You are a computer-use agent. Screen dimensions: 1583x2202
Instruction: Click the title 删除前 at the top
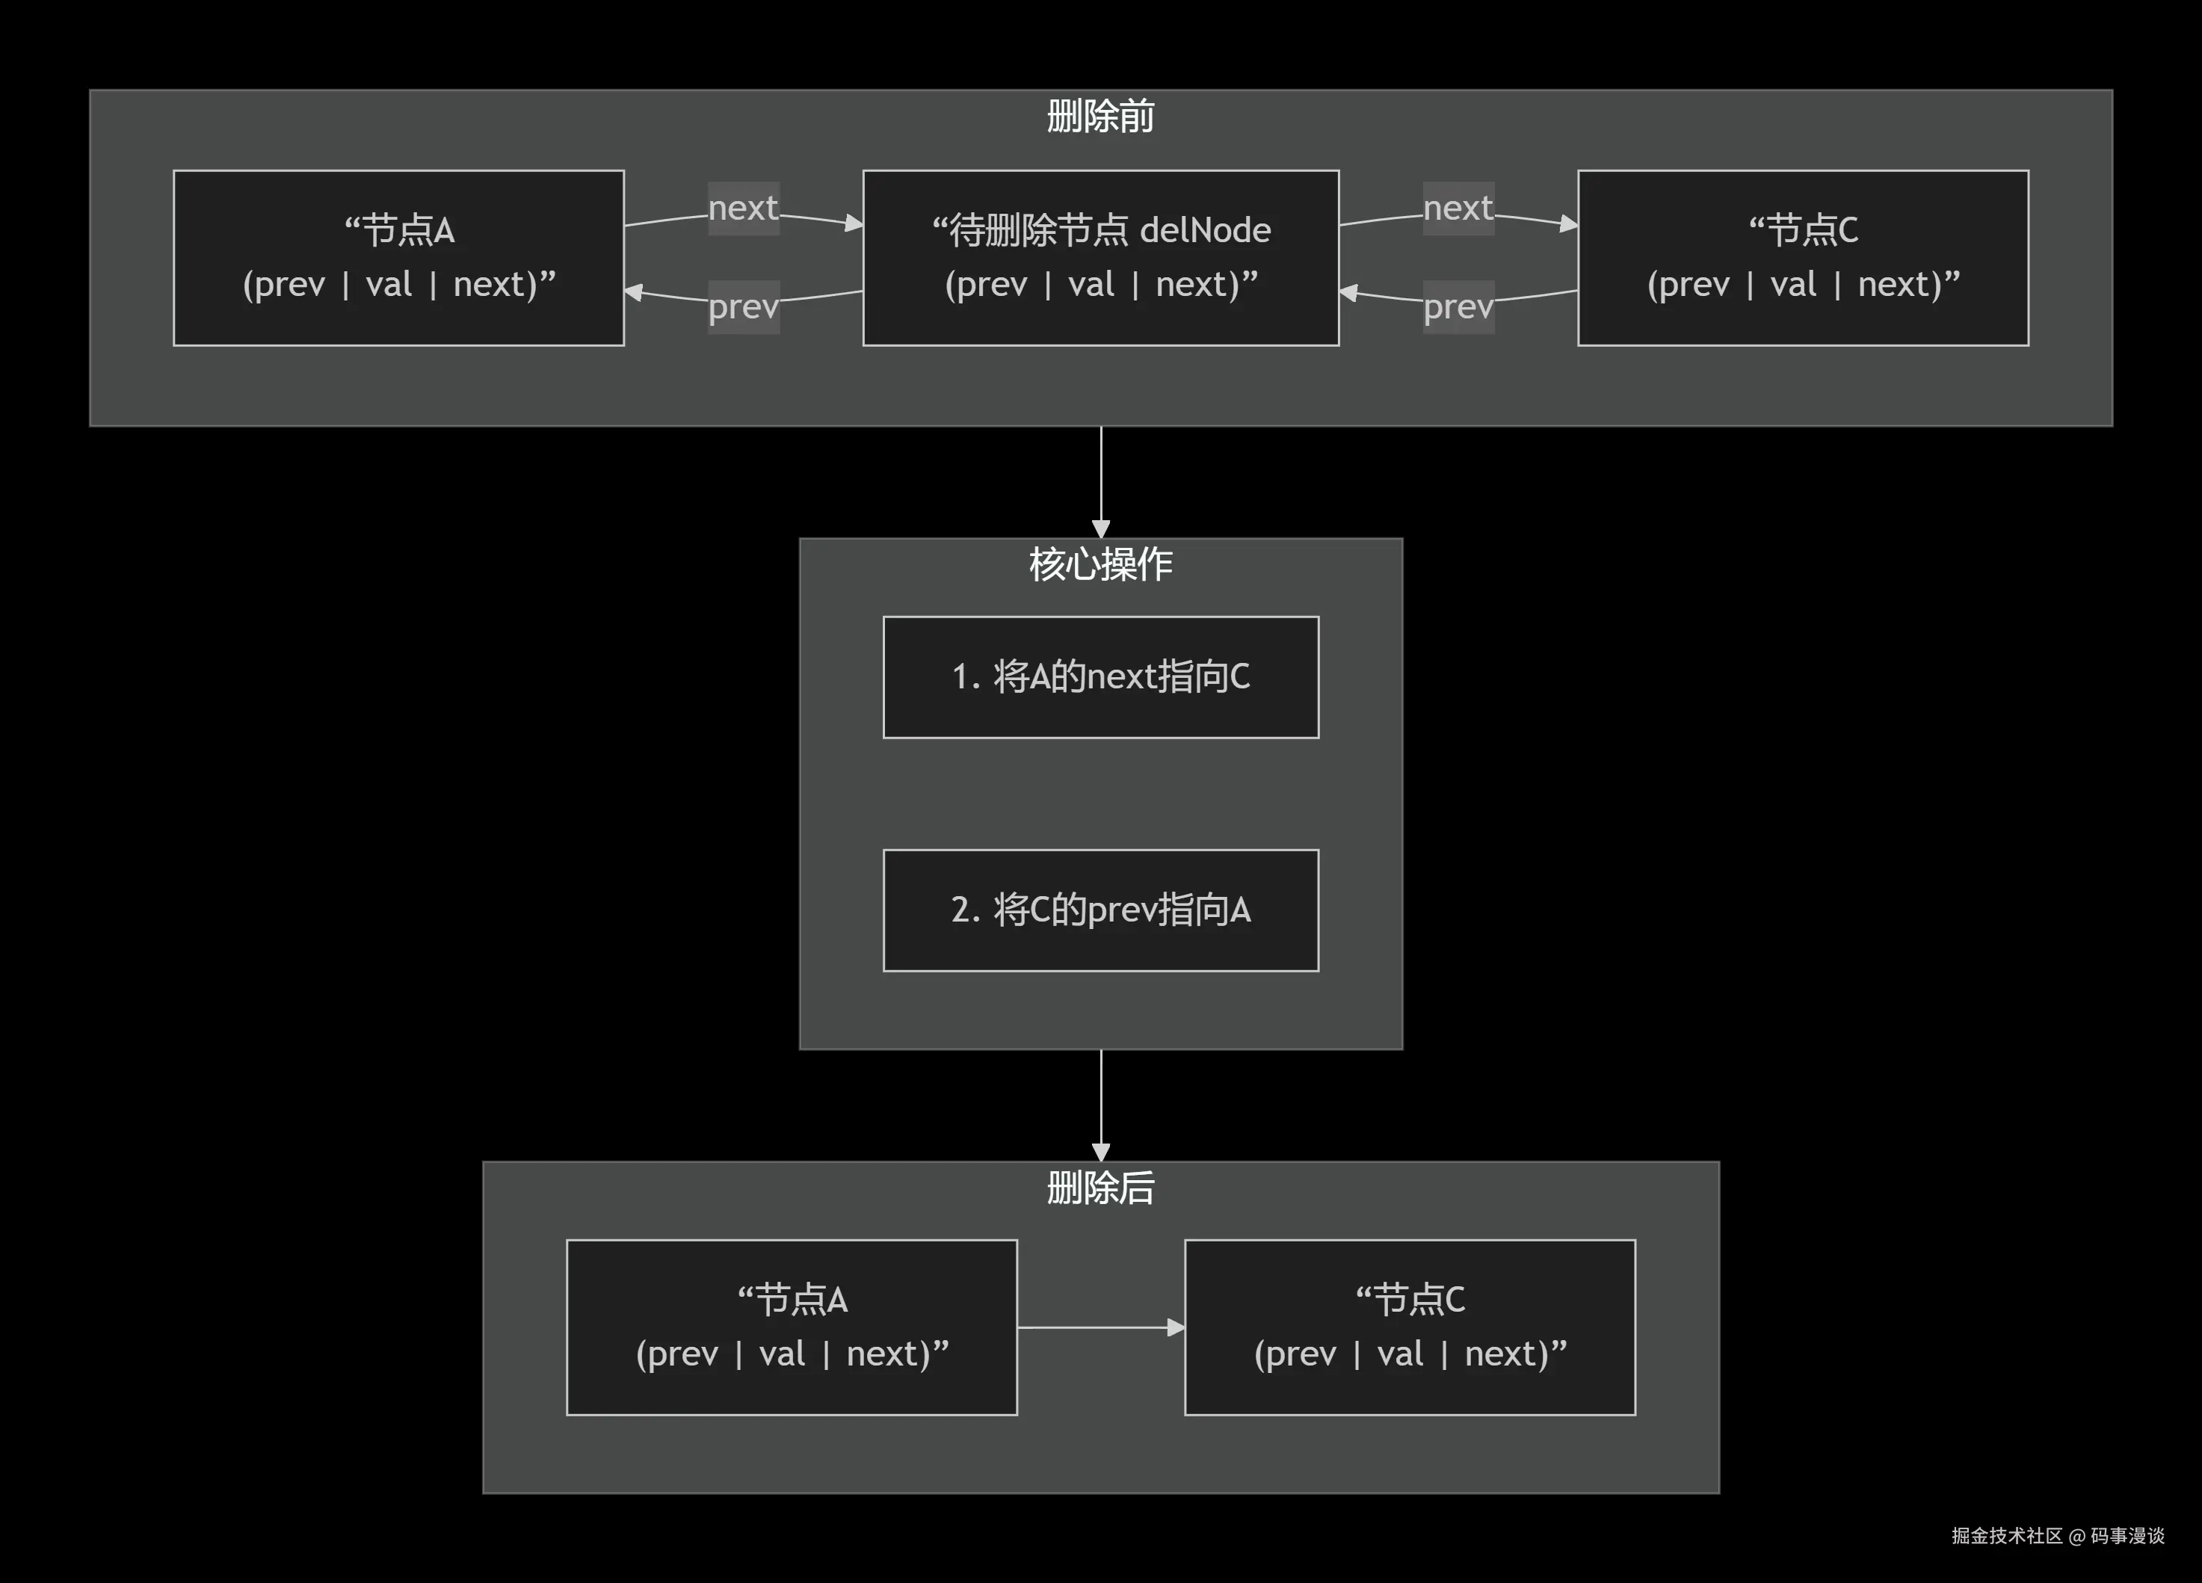pyautogui.click(x=1100, y=117)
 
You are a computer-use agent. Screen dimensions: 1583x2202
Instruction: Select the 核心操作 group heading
pyautogui.click(x=1100, y=564)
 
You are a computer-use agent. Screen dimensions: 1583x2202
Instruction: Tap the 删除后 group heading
pyautogui.click(x=1100, y=1187)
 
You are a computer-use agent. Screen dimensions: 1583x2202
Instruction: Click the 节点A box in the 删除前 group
pyautogui.click(x=398, y=257)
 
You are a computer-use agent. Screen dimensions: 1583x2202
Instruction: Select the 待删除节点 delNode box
pyautogui.click(x=1100, y=257)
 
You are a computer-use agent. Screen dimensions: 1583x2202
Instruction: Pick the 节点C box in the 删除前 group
pyautogui.click(x=1803, y=257)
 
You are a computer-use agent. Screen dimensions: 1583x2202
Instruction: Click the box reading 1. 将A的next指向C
pyautogui.click(x=1100, y=676)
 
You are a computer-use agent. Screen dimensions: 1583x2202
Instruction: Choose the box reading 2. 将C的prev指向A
pyautogui.click(x=1100, y=910)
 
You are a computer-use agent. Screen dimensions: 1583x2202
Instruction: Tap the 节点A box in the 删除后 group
pyautogui.click(x=792, y=1327)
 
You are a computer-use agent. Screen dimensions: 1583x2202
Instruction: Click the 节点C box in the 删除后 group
pyautogui.click(x=1410, y=1327)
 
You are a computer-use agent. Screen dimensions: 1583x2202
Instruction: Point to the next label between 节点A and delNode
pyautogui.click(x=743, y=208)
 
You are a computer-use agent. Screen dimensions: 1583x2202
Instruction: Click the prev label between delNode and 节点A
pyautogui.click(x=743, y=306)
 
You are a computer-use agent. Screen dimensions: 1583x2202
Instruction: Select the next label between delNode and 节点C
pyautogui.click(x=1458, y=208)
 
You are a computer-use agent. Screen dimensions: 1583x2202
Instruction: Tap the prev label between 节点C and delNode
pyautogui.click(x=1458, y=306)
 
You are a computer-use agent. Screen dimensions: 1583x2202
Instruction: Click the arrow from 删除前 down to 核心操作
pyautogui.click(x=1100, y=481)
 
